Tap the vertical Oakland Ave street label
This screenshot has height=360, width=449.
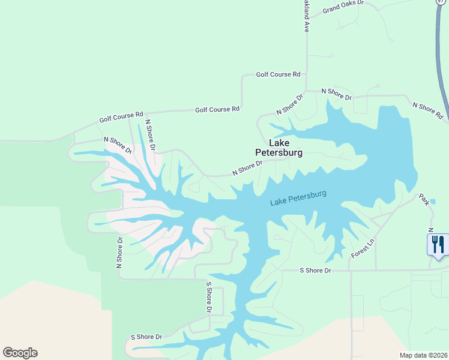click(x=306, y=16)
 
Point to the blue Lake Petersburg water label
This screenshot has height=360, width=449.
click(x=298, y=198)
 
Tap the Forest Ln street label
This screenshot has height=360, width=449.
click(x=362, y=248)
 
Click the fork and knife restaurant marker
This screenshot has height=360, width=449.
click(x=437, y=244)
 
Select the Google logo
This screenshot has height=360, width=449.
click(x=20, y=353)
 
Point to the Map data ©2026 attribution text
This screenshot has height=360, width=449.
click(x=423, y=355)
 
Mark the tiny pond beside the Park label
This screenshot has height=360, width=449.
click(x=433, y=201)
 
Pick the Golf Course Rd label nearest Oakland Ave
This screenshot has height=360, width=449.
click(x=278, y=74)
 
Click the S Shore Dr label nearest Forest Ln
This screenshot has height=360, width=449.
click(x=315, y=271)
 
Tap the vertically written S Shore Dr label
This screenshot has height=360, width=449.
click(x=209, y=297)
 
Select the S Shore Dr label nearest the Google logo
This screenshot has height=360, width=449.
click(x=146, y=337)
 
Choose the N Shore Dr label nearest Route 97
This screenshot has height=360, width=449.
click(x=428, y=110)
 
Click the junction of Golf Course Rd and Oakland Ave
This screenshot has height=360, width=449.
click(x=306, y=75)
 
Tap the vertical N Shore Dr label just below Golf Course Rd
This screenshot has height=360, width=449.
click(x=151, y=134)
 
